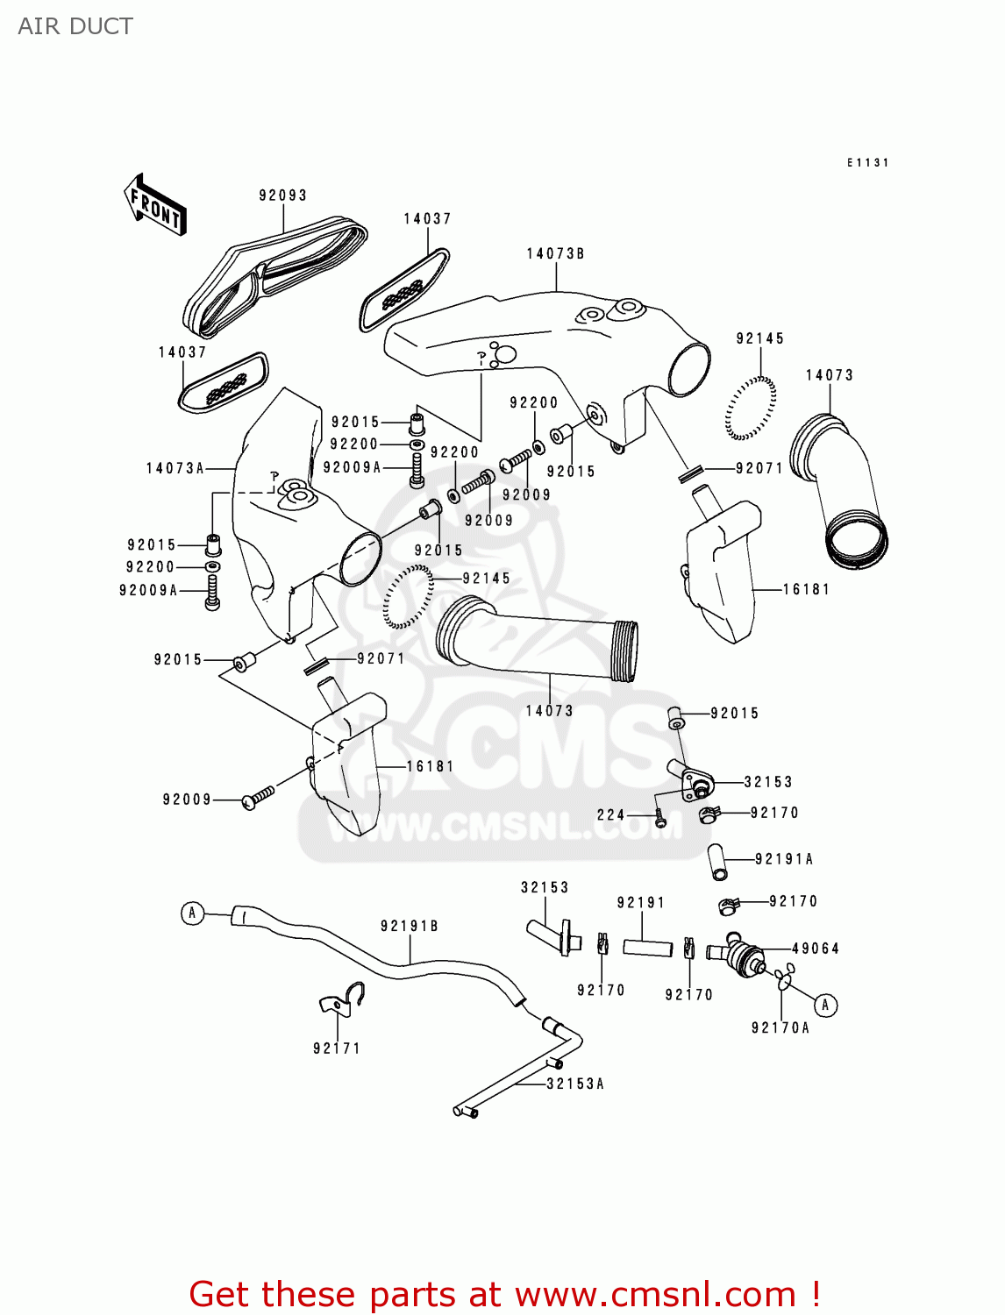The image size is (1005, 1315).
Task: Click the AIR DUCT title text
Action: click(75, 26)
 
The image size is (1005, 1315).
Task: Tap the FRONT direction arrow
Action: click(155, 205)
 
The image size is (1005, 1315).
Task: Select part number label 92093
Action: click(282, 195)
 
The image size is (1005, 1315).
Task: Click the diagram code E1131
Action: click(867, 162)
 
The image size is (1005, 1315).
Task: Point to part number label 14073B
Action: click(555, 253)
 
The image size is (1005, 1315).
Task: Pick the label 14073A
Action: click(175, 468)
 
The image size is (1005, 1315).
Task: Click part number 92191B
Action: click(409, 926)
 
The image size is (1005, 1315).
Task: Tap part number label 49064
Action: click(815, 949)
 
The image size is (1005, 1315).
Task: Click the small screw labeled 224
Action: click(661, 820)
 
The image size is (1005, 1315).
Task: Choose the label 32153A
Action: click(575, 1084)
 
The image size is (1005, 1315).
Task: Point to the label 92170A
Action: click(780, 1027)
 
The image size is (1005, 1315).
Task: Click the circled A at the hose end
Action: click(193, 913)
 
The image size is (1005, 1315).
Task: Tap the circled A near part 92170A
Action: click(824, 1005)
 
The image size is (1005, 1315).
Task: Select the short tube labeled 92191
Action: click(647, 948)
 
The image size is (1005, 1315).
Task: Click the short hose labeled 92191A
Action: click(717, 861)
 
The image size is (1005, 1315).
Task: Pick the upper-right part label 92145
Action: click(759, 338)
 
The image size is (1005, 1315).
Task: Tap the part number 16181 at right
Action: click(805, 589)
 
